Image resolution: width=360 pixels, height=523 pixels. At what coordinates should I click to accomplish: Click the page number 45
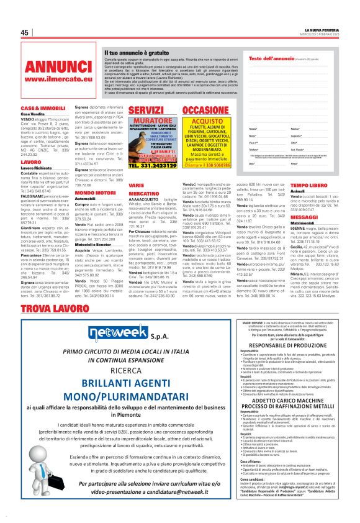[x=25, y=32]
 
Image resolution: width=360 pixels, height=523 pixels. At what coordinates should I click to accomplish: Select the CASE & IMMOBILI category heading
[x=39, y=109]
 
